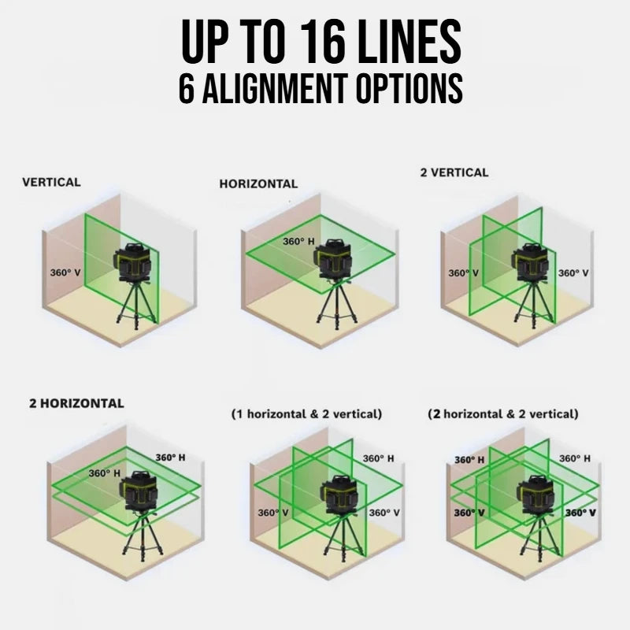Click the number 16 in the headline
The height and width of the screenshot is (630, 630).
coord(324,42)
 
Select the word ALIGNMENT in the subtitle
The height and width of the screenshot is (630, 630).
coord(275,88)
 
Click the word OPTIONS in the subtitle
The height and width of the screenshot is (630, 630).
coord(409,88)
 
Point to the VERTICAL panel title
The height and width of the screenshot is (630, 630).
coord(51,182)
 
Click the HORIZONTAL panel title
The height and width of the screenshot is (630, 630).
coord(258,183)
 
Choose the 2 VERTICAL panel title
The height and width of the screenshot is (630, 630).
coord(454,172)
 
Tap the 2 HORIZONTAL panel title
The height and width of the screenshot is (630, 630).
coord(76,403)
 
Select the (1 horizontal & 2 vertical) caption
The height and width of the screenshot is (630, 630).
coord(306,414)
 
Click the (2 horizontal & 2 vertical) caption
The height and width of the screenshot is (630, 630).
coord(503,414)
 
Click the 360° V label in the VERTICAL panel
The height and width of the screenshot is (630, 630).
coord(65,272)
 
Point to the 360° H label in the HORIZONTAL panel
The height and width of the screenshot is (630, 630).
coord(298,241)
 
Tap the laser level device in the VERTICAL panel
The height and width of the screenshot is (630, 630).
coord(133,262)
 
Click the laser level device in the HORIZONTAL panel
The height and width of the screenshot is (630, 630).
coord(333,259)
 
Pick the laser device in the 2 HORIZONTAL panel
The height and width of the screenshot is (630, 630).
coord(139,490)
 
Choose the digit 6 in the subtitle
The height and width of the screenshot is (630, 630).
coord(187,88)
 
